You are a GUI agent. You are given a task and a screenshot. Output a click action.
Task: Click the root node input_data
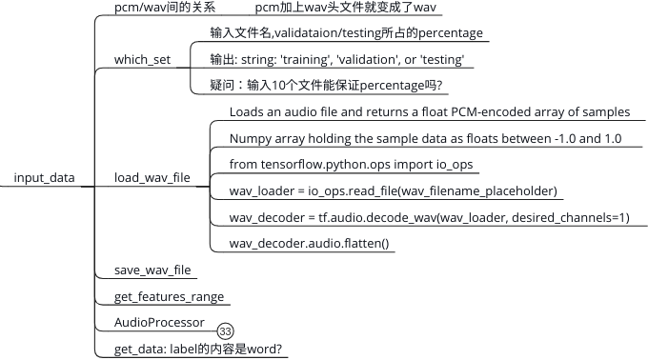[45, 177]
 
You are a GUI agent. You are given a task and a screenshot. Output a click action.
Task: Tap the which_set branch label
[142, 59]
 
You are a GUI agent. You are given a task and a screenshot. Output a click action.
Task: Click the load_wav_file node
[152, 177]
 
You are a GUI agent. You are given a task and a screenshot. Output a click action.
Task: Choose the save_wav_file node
[152, 270]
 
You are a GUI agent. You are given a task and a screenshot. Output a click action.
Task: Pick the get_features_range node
[169, 296]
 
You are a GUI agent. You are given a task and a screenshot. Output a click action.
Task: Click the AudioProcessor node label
[158, 322]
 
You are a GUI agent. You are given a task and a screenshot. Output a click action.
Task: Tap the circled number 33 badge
[226, 331]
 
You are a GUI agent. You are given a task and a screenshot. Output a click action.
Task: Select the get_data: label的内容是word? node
[198, 349]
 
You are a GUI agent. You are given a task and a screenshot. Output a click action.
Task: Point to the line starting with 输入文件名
[347, 33]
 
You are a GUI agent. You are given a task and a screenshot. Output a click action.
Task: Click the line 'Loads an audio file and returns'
[429, 111]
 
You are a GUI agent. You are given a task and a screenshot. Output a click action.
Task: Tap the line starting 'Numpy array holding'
[425, 138]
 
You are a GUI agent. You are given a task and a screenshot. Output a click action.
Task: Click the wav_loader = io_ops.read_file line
[393, 190]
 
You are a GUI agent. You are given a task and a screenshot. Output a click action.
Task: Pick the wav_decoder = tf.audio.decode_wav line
[429, 217]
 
